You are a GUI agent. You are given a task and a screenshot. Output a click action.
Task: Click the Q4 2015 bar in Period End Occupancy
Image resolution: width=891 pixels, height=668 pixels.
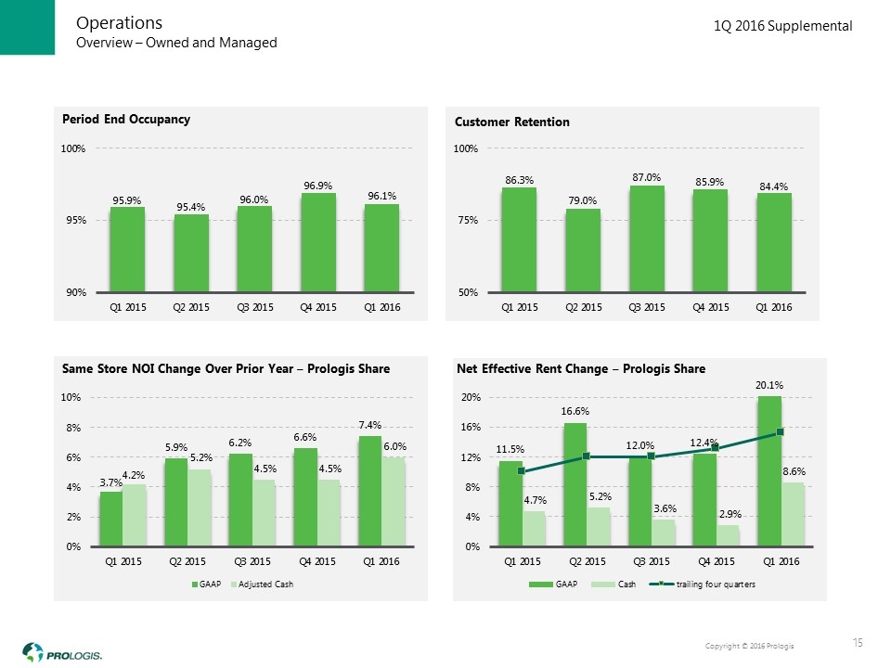[x=318, y=242]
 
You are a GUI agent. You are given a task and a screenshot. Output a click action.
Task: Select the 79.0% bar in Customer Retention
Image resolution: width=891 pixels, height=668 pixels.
[x=583, y=250]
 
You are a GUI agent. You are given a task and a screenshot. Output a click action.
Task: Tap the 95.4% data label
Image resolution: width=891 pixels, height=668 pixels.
[x=191, y=206]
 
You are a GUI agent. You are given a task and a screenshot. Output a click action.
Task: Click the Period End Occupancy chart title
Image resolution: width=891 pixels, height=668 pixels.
[x=126, y=119]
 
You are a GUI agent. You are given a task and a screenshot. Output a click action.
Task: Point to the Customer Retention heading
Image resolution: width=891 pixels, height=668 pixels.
[x=511, y=122]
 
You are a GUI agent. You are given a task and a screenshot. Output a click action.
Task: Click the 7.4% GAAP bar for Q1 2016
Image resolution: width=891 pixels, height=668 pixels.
[x=369, y=491]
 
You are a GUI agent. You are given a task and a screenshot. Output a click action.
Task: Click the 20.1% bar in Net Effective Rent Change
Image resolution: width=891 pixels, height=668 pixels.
[x=769, y=471]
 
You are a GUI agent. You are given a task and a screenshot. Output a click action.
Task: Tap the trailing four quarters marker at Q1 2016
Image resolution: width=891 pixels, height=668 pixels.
[x=781, y=431]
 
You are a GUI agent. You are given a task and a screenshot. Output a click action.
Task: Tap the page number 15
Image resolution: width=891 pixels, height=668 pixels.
[x=859, y=643]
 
